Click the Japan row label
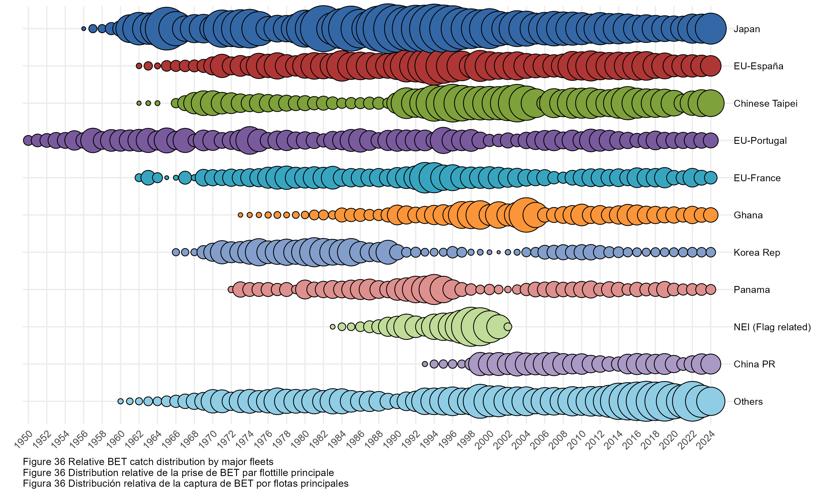tap(746, 29)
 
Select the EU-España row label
tap(758, 66)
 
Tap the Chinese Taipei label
tap(765, 103)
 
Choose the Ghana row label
tap(748, 215)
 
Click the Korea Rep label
tap(756, 252)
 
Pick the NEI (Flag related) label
tap(772, 327)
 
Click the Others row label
tap(748, 401)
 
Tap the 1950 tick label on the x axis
tap(24, 438)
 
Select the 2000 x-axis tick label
tap(485, 438)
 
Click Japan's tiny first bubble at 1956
tap(84, 29)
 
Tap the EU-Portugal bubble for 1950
tap(28, 141)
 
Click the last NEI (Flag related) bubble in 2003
tap(508, 326)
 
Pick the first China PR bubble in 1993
tap(425, 364)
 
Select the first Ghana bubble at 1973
tap(240, 215)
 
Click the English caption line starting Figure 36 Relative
tap(148, 462)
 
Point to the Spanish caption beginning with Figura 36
tap(185, 483)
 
